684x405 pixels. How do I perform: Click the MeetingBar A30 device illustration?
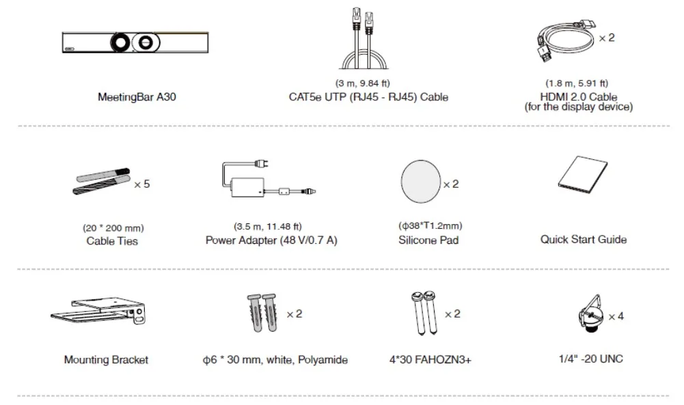135,42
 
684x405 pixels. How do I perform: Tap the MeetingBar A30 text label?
137,97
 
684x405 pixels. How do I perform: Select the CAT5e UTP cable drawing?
364,38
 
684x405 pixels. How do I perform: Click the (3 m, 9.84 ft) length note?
363,83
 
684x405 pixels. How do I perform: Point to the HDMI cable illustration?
566,40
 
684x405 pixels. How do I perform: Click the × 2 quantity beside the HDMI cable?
607,38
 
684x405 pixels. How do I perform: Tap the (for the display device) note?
579,107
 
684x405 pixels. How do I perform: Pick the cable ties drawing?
102,181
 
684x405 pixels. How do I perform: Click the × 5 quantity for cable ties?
141,184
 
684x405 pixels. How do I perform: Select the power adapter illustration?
269,179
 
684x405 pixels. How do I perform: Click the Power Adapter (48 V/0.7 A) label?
271,240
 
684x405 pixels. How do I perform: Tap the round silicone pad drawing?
420,182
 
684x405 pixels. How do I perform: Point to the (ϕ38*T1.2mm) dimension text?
430,226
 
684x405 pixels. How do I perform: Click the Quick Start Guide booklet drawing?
583,176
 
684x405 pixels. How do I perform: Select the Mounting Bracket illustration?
98,311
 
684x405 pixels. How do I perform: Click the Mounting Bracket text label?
106,360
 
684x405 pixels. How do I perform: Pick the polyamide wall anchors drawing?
262,313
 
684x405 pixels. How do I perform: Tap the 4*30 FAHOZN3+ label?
430,360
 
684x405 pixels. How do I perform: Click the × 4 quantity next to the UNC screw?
616,316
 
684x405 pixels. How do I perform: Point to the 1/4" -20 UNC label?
590,359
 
